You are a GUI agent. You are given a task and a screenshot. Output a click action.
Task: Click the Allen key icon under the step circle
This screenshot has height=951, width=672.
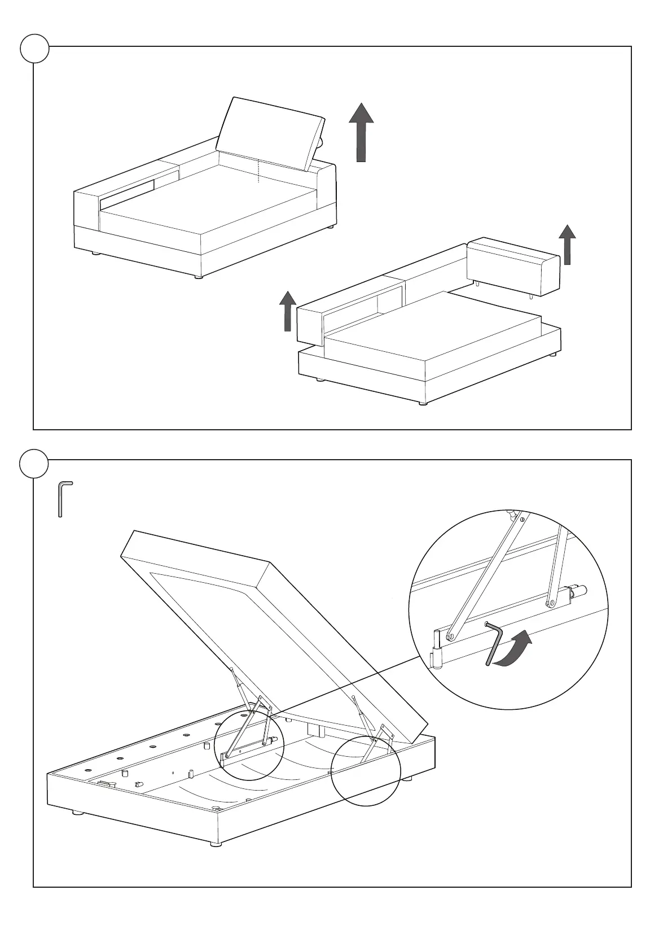(x=64, y=499)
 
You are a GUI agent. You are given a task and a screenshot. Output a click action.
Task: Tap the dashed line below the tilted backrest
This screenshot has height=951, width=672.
(x=259, y=172)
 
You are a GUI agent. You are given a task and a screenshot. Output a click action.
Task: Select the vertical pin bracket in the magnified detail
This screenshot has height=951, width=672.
(x=437, y=647)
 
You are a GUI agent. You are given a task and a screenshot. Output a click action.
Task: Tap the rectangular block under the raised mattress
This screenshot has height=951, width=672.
(x=314, y=730)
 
